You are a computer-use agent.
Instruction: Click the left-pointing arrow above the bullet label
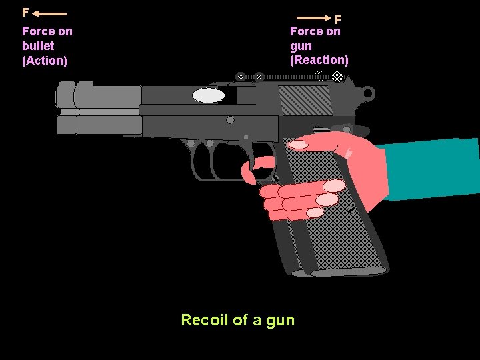49,13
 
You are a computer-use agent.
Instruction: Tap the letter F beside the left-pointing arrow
25,13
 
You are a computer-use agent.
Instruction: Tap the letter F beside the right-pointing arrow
338,20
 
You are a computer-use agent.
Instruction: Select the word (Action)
45,61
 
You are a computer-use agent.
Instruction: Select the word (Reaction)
319,60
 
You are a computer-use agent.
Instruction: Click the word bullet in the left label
38,46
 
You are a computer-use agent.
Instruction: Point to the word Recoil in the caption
205,320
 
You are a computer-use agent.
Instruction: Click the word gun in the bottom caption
280,321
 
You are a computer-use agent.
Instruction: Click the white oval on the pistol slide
209,96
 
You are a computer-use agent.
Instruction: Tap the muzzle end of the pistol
65,107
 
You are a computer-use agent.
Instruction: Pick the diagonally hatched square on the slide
305,100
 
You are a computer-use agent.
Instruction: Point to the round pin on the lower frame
230,121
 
